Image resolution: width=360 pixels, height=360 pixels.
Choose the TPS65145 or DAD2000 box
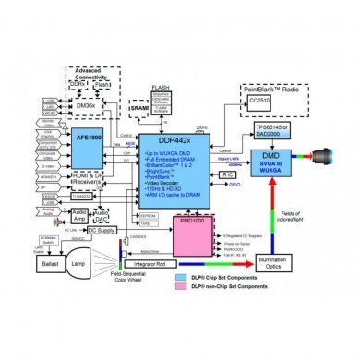(266, 132)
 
